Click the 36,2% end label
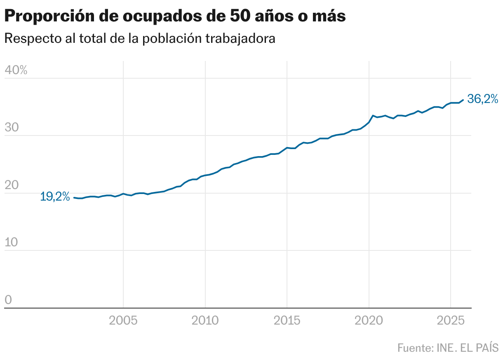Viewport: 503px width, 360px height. click(482, 99)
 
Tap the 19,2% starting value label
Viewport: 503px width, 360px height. click(55, 197)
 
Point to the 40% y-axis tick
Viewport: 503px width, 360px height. click(16, 70)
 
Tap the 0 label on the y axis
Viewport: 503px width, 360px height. click(8, 300)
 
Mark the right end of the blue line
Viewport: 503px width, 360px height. click(463, 100)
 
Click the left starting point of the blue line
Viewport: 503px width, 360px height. click(74, 198)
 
